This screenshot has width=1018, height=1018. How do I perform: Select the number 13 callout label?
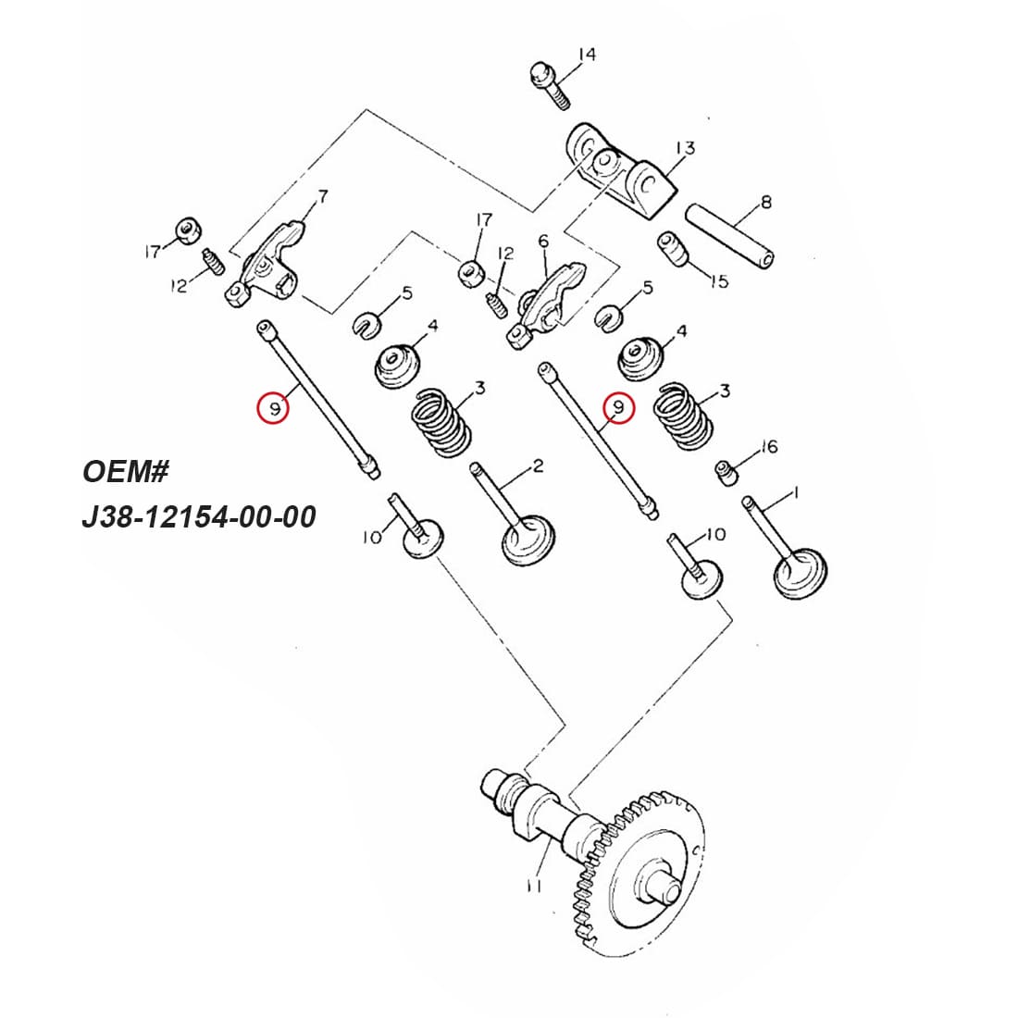tap(685, 148)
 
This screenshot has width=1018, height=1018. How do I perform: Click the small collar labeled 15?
tap(675, 249)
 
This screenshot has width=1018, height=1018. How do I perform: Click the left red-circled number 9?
tap(274, 407)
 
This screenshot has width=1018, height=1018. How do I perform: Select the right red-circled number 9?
tap(617, 407)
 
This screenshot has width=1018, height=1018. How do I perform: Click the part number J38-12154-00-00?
tap(199, 515)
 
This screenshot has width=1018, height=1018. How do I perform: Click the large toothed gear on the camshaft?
tap(639, 875)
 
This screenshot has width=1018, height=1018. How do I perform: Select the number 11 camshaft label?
tap(533, 886)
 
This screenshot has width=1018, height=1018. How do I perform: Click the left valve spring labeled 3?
tap(441, 423)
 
